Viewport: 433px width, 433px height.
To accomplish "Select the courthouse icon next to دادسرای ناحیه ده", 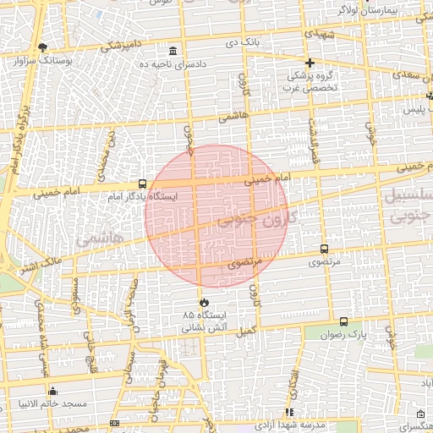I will (x=173, y=50).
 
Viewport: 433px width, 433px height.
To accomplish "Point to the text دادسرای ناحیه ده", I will (x=173, y=64).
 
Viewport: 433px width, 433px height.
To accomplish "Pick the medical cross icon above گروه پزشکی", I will (x=310, y=63).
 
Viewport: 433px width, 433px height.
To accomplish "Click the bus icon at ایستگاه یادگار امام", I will (x=142, y=184).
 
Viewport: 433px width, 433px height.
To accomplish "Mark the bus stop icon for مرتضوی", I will (x=324, y=249).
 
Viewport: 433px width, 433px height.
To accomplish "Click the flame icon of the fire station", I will (x=203, y=302).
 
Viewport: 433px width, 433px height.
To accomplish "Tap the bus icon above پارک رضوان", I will (x=343, y=321).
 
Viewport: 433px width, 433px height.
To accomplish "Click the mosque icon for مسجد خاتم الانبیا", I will (x=52, y=391).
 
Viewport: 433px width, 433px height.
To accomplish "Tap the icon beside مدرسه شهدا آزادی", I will (x=289, y=412).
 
